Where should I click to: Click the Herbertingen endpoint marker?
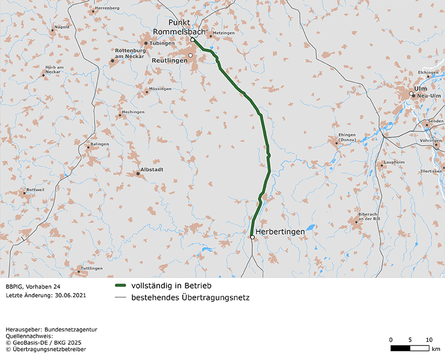point(253,237)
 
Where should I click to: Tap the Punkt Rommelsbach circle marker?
point(192,40)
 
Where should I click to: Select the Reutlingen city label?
point(170,61)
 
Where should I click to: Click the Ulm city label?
point(420,89)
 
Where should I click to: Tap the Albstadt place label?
point(151,169)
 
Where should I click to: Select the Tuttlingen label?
point(91,268)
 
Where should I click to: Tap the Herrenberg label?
point(107,8)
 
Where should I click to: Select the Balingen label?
point(99,144)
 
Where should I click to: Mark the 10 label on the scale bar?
point(429,339)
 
